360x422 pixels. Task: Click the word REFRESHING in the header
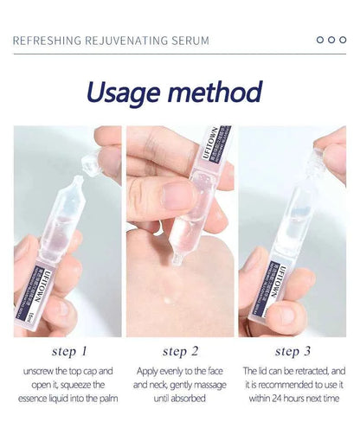48,41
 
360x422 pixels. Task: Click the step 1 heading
69,351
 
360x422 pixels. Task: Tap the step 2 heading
180,351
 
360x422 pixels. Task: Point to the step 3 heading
292,351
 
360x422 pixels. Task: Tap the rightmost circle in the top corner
343,40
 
